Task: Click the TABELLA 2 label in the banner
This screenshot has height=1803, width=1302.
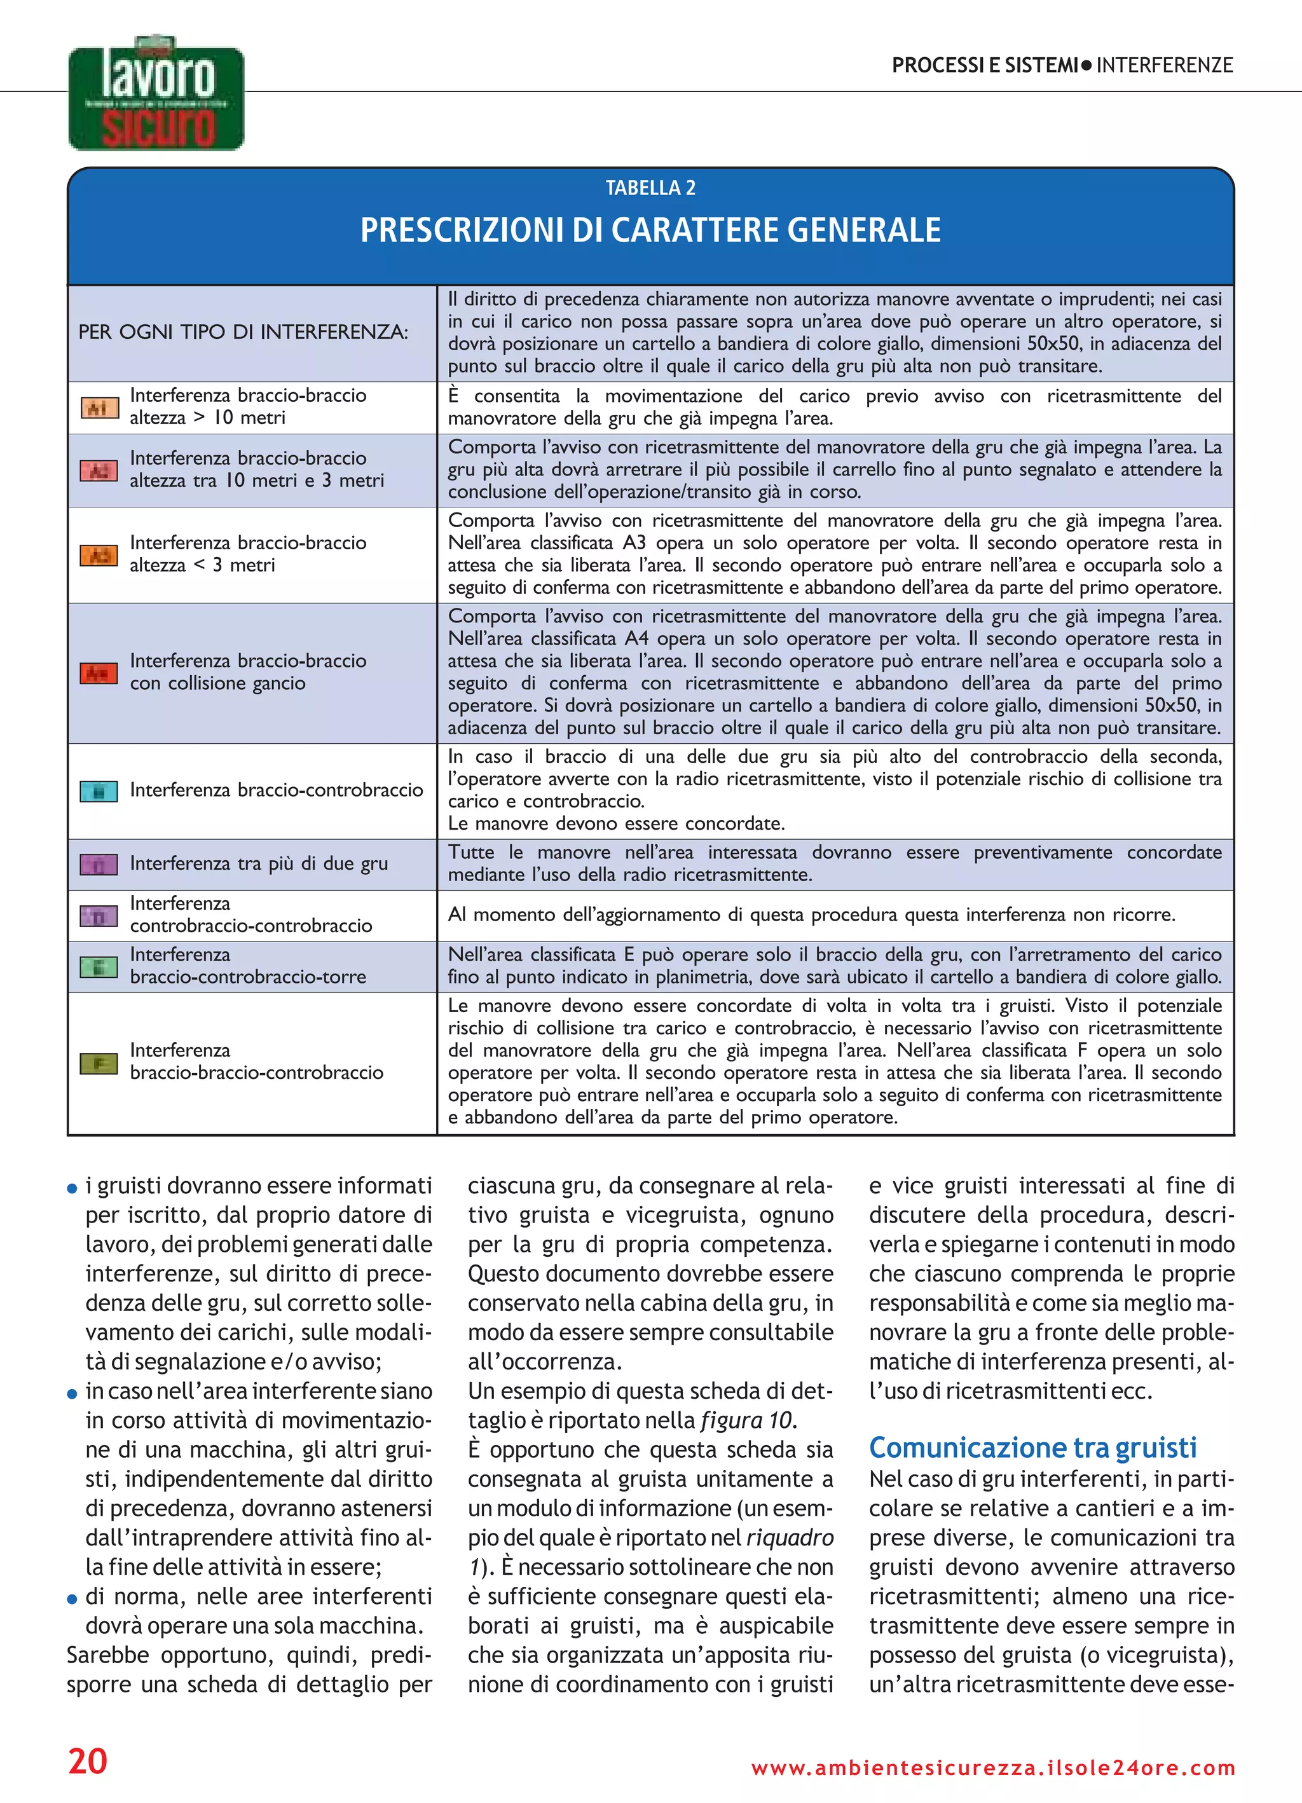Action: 650,188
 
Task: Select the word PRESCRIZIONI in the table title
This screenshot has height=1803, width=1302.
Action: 462,231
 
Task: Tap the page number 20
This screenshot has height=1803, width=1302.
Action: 88,1761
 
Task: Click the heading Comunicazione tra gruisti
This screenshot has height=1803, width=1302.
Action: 1032,1448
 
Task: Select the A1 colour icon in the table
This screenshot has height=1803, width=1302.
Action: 99,408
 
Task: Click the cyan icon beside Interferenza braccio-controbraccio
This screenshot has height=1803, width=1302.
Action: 99,791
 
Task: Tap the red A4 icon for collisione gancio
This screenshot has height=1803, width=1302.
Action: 99,673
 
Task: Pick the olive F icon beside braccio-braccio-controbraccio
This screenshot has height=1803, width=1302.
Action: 99,1063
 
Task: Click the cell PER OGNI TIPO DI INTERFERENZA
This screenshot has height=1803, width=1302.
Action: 243,332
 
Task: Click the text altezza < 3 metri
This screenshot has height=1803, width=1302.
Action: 202,565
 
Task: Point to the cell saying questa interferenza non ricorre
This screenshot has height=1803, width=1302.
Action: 811,915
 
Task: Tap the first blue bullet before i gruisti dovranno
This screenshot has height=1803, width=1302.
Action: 72,1188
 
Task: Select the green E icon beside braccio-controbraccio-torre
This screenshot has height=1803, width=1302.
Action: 99,967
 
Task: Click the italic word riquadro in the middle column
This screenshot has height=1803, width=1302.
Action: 790,1537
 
